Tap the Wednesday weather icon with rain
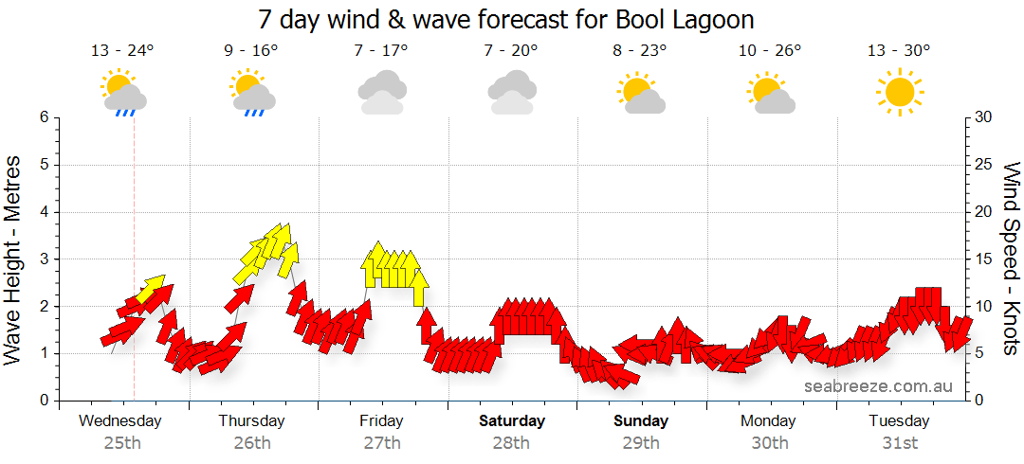coord(123,93)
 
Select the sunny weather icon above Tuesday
coord(899,92)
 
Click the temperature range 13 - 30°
coord(898,51)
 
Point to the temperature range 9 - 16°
coord(251,51)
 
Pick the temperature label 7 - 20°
coord(510,51)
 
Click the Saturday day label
coord(512,420)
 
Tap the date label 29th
coord(641,442)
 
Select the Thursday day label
coord(251,420)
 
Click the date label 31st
coord(899,442)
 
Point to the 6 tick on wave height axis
coord(44,117)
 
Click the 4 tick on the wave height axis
coord(44,212)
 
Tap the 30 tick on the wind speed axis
coord(984,117)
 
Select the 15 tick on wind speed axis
coord(984,259)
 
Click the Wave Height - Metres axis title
coord(14,259)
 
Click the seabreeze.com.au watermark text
coord(878,386)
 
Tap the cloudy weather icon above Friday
coord(381,93)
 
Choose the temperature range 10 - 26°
coord(769,51)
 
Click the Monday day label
coord(769,420)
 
